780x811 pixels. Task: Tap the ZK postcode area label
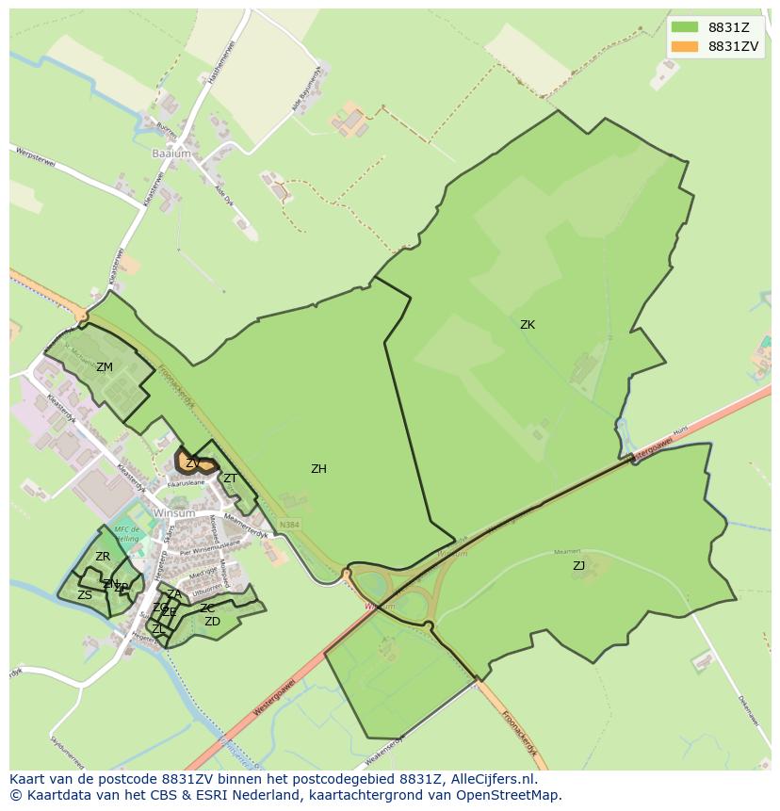tap(528, 325)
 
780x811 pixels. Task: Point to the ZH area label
tap(319, 469)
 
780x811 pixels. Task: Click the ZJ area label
tap(578, 566)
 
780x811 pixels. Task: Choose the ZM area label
tap(105, 367)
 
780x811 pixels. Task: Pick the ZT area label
tap(230, 478)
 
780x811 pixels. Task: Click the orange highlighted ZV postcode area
tap(196, 463)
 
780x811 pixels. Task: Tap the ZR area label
tap(103, 558)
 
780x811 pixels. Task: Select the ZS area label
tap(85, 595)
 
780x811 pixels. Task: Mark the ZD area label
tap(212, 622)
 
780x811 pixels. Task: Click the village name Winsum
tap(173, 513)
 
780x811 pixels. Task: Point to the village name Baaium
tap(171, 153)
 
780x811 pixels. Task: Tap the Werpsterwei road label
tap(36, 156)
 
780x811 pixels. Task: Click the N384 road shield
tap(289, 525)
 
